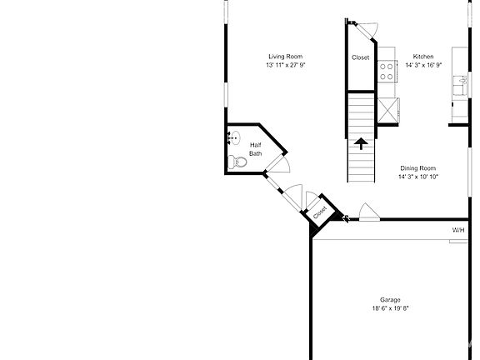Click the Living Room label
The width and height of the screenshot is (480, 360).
tap(285, 57)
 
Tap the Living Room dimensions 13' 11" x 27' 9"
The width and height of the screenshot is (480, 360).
tap(286, 65)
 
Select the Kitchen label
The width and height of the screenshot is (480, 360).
tap(423, 57)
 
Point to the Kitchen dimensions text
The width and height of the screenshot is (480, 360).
tap(423, 65)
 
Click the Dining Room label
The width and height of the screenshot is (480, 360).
tap(417, 168)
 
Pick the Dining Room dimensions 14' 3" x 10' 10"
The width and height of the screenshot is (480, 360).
tap(418, 177)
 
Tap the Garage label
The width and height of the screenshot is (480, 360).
tap(390, 300)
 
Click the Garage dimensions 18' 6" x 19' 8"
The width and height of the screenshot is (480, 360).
tap(390, 308)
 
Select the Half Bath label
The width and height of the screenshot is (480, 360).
tap(255, 149)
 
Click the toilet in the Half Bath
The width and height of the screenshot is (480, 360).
tap(237, 162)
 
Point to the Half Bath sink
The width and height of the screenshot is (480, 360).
tap(234, 137)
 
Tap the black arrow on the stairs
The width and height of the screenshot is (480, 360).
tap(361, 143)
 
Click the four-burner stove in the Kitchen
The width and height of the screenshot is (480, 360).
tap(387, 72)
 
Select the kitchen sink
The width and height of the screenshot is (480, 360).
tap(460, 85)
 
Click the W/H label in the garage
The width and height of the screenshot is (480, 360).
tap(458, 230)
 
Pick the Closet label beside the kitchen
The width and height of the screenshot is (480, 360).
tap(360, 57)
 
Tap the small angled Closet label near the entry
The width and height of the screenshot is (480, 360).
tap(320, 212)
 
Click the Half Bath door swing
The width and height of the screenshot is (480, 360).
tap(279, 164)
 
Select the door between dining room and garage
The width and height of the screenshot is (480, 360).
tap(369, 212)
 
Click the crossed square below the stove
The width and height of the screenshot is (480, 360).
tap(388, 110)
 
